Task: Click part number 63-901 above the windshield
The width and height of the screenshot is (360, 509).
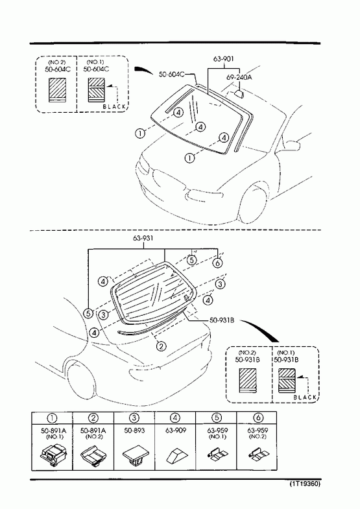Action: coord(223,59)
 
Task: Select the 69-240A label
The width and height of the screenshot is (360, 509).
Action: coord(239,77)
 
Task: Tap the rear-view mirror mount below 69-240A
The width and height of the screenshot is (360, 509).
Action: coord(239,94)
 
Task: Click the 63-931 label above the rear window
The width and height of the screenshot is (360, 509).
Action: coord(143,238)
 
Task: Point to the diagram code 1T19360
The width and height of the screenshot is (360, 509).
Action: coord(305,484)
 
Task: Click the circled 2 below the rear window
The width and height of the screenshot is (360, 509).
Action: coord(162,346)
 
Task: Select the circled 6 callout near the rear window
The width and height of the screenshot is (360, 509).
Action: coord(218,263)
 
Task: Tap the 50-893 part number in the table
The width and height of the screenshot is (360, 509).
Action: coord(134,431)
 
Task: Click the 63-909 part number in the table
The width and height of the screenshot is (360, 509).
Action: coord(176,431)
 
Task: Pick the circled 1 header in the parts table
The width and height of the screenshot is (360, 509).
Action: coord(53,418)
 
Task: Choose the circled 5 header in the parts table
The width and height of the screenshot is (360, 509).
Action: coord(217,418)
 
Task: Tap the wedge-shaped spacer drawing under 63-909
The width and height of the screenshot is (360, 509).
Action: coord(176,455)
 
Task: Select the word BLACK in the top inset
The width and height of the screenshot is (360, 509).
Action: coord(114,106)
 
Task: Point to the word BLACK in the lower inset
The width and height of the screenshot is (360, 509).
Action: coord(305,397)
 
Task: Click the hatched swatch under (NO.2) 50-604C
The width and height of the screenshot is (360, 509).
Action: coord(58,90)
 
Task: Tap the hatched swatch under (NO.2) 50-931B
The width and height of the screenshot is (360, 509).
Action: coord(248,380)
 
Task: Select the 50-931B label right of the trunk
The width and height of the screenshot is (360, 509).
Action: coord(222,320)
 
